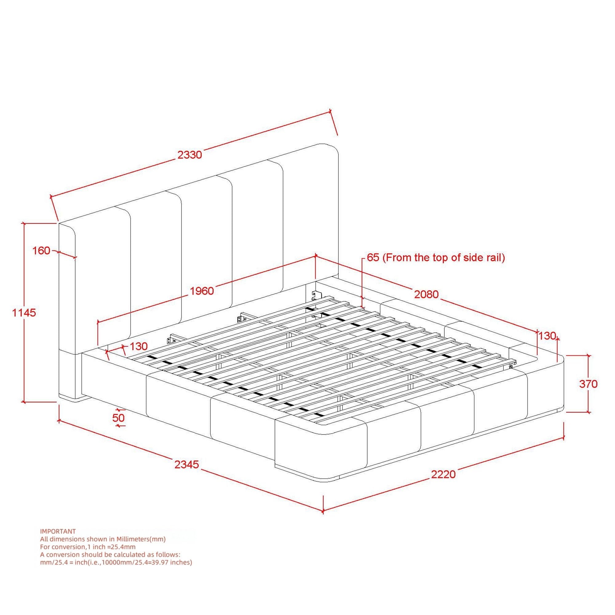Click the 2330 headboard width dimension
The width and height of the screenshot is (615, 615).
(x=190, y=155)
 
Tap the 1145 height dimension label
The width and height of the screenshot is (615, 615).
(x=24, y=313)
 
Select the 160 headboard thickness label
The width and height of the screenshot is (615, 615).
(x=42, y=251)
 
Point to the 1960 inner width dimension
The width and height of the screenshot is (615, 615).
(x=202, y=291)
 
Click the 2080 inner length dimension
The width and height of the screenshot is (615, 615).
(x=426, y=294)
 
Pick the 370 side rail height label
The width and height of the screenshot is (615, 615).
(x=588, y=384)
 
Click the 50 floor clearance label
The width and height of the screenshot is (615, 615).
(x=118, y=417)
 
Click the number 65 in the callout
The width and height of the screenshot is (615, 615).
(x=373, y=257)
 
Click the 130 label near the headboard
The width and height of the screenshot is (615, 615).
(x=138, y=346)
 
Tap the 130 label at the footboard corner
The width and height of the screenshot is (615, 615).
(x=547, y=335)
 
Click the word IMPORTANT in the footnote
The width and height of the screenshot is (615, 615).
(x=58, y=531)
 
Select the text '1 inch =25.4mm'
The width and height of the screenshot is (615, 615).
(x=111, y=547)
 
